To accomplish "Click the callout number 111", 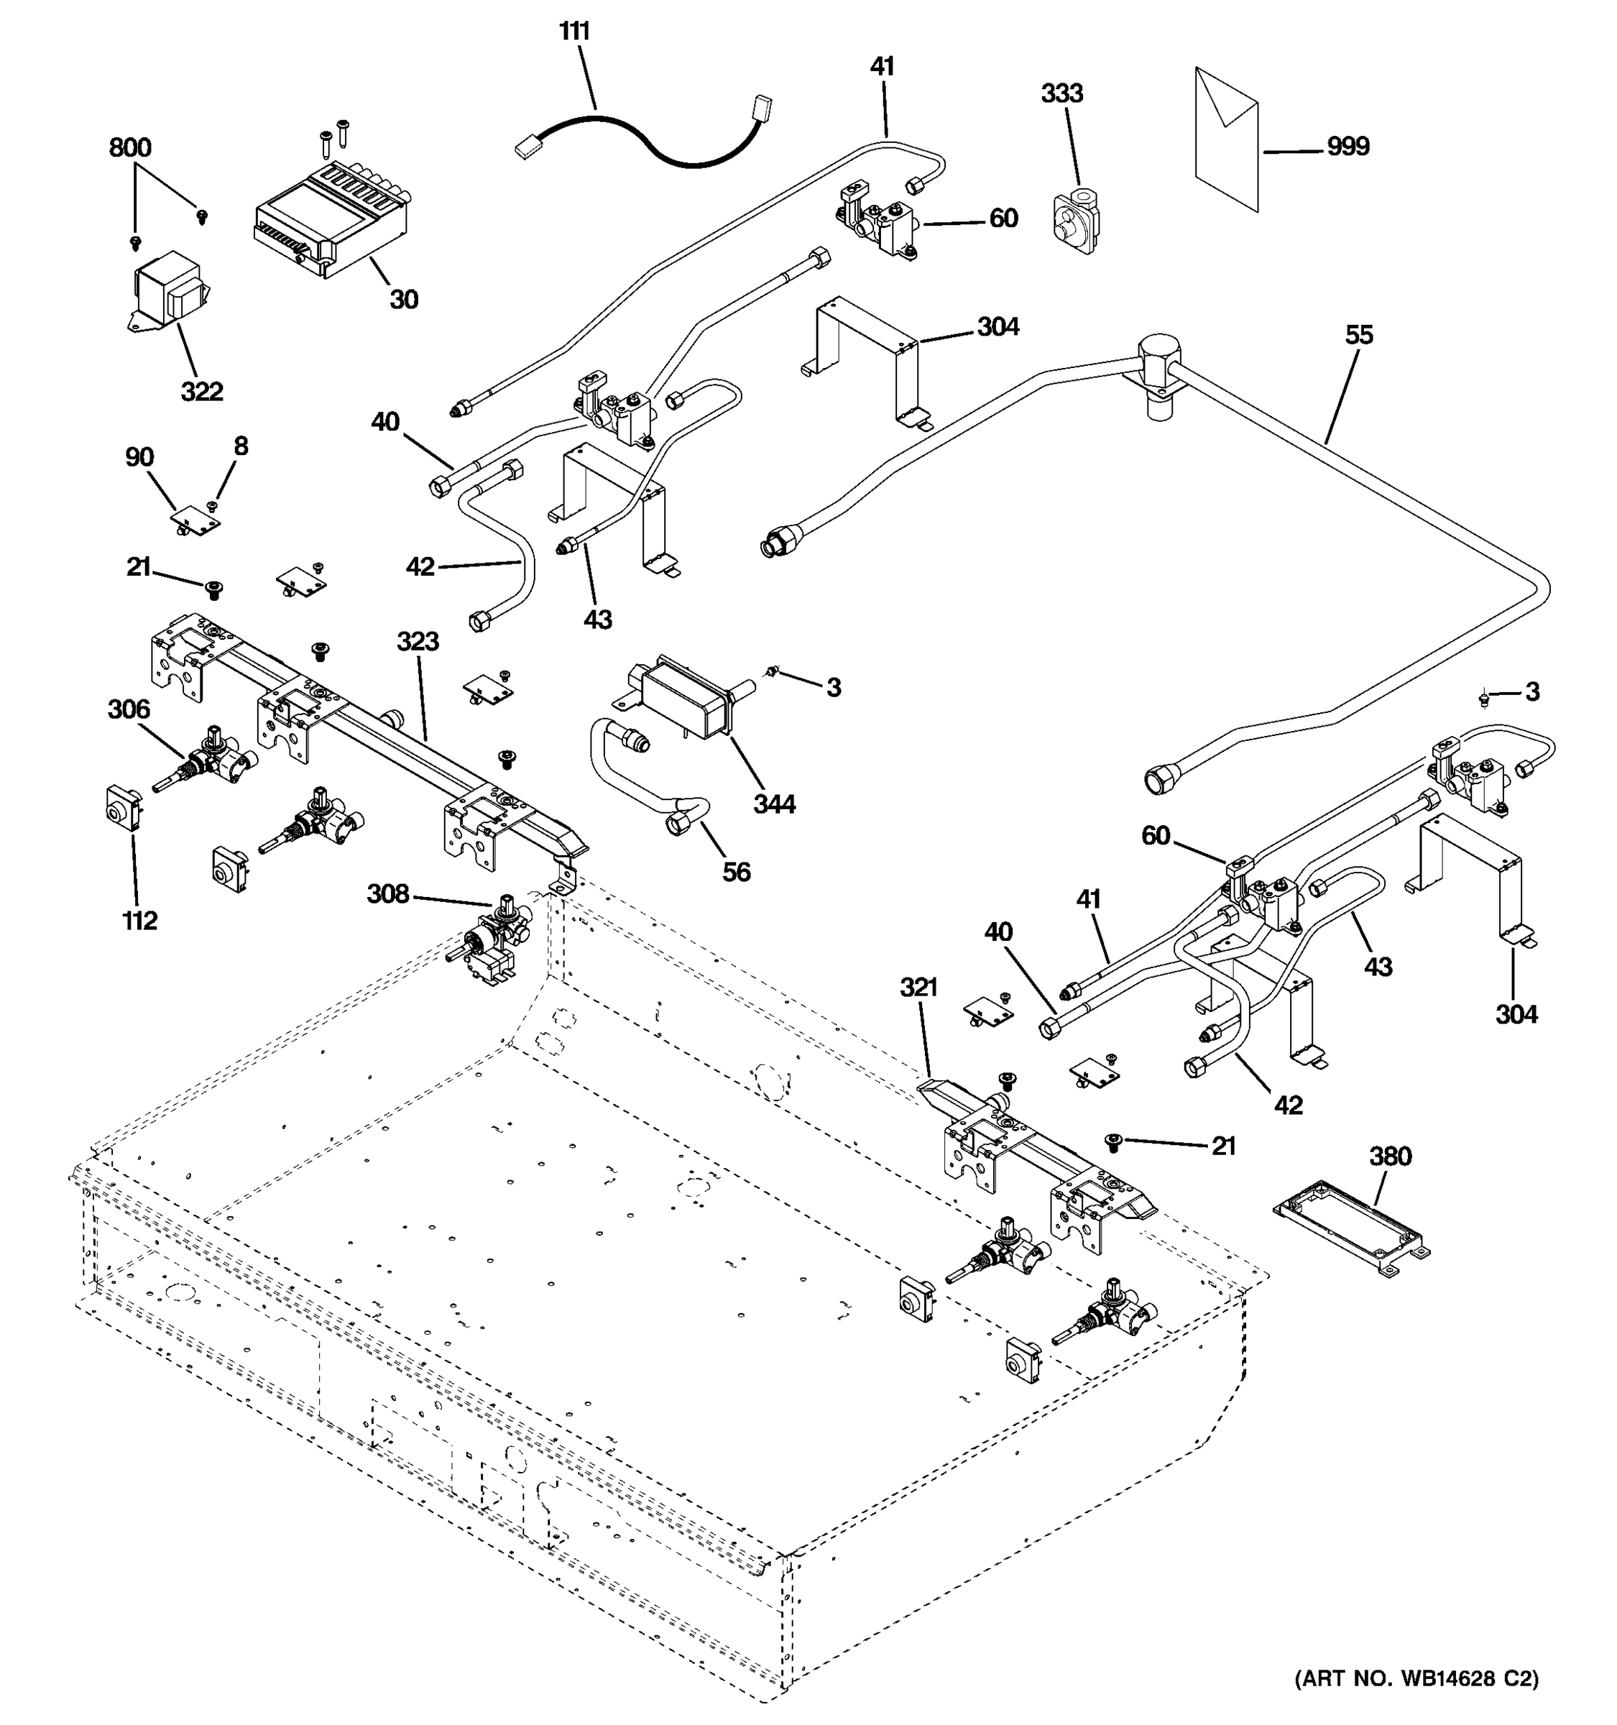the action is pos(574,31).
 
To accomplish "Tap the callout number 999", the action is pos(1348,146).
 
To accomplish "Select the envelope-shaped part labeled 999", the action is pos(1227,139).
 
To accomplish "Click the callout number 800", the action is pos(130,147).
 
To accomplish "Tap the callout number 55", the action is pos(1359,335).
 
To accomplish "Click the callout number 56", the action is pos(737,871).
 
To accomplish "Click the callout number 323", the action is pos(418,641).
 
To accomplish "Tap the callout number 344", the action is pos(774,804).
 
